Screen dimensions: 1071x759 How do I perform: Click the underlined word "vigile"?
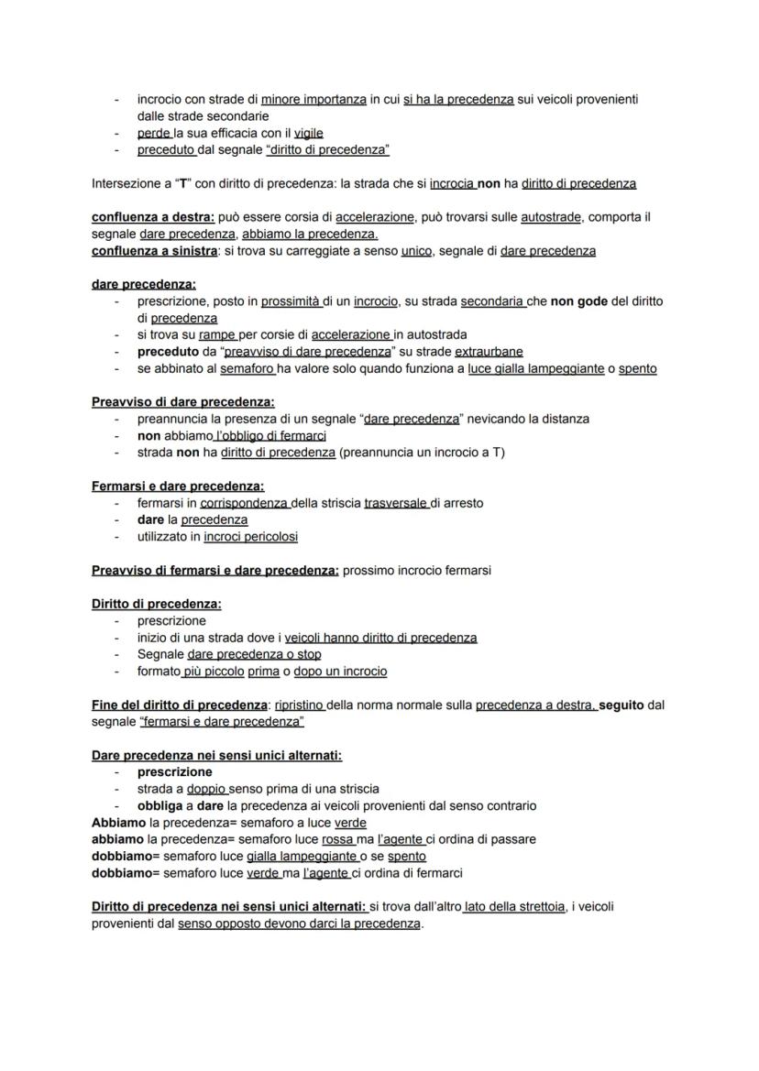pos(308,134)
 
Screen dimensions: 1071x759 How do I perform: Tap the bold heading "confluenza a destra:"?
pos(152,217)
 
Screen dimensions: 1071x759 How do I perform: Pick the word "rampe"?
pos(216,335)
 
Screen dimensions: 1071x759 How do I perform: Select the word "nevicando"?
pos(495,419)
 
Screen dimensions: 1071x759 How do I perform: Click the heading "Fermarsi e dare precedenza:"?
pos(178,486)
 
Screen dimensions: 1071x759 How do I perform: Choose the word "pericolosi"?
pos(271,537)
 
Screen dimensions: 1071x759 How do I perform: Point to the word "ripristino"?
pos(300,705)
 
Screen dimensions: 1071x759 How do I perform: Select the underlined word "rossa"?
pos(337,839)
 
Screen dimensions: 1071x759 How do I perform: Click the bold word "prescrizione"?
pos(174,772)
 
